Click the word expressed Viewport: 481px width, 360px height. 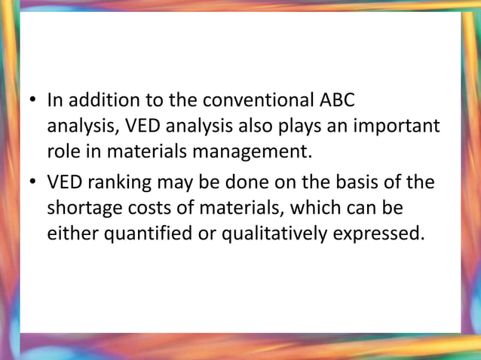381,234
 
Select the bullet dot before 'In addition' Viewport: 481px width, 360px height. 33,100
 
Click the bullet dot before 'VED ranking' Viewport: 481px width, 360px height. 33,181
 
